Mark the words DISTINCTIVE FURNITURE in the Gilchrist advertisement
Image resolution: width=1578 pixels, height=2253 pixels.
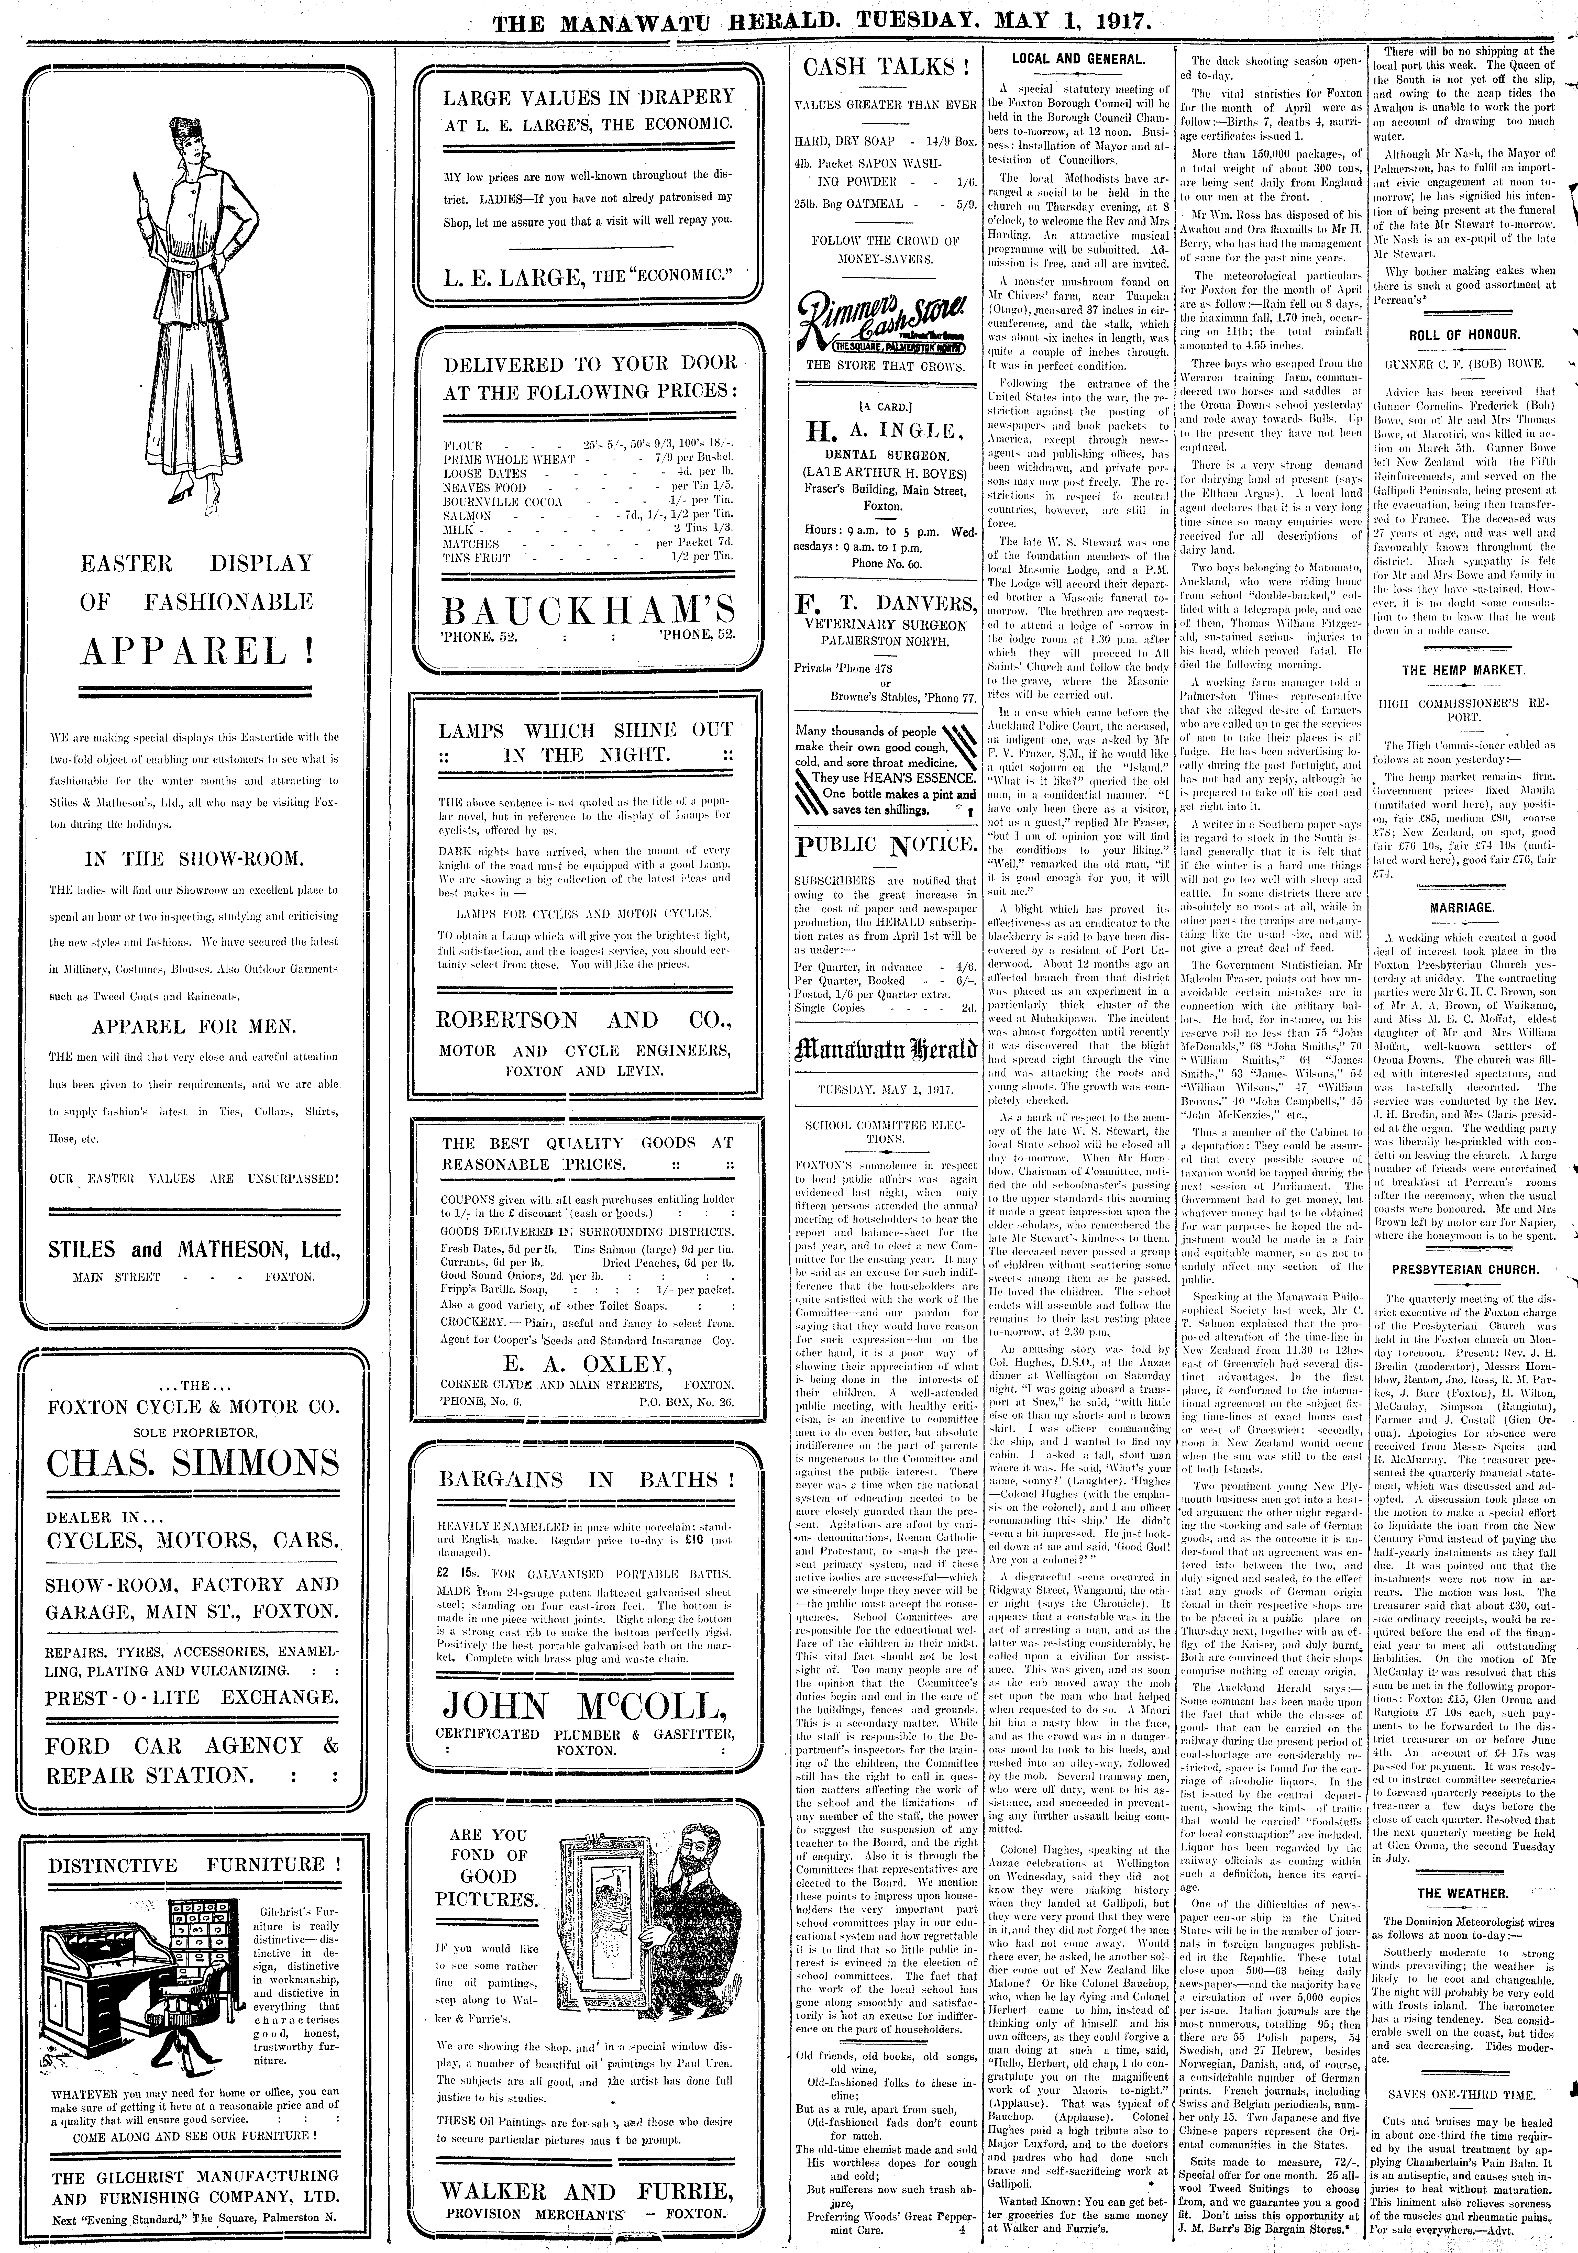click(x=193, y=1866)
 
